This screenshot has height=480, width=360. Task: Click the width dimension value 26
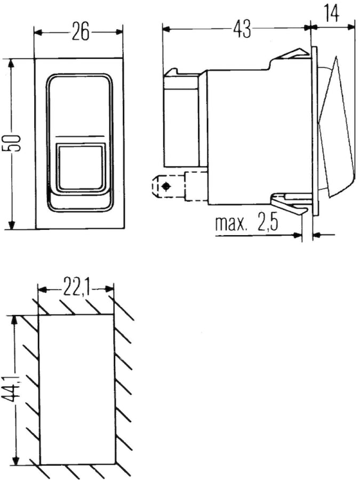(x=80, y=33)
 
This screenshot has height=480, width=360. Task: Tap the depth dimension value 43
(x=242, y=29)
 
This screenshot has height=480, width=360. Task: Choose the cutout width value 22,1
(x=76, y=290)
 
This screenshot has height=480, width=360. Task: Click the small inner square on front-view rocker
(x=81, y=166)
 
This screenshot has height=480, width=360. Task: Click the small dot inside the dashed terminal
(x=166, y=187)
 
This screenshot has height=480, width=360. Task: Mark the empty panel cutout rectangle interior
(x=77, y=389)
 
